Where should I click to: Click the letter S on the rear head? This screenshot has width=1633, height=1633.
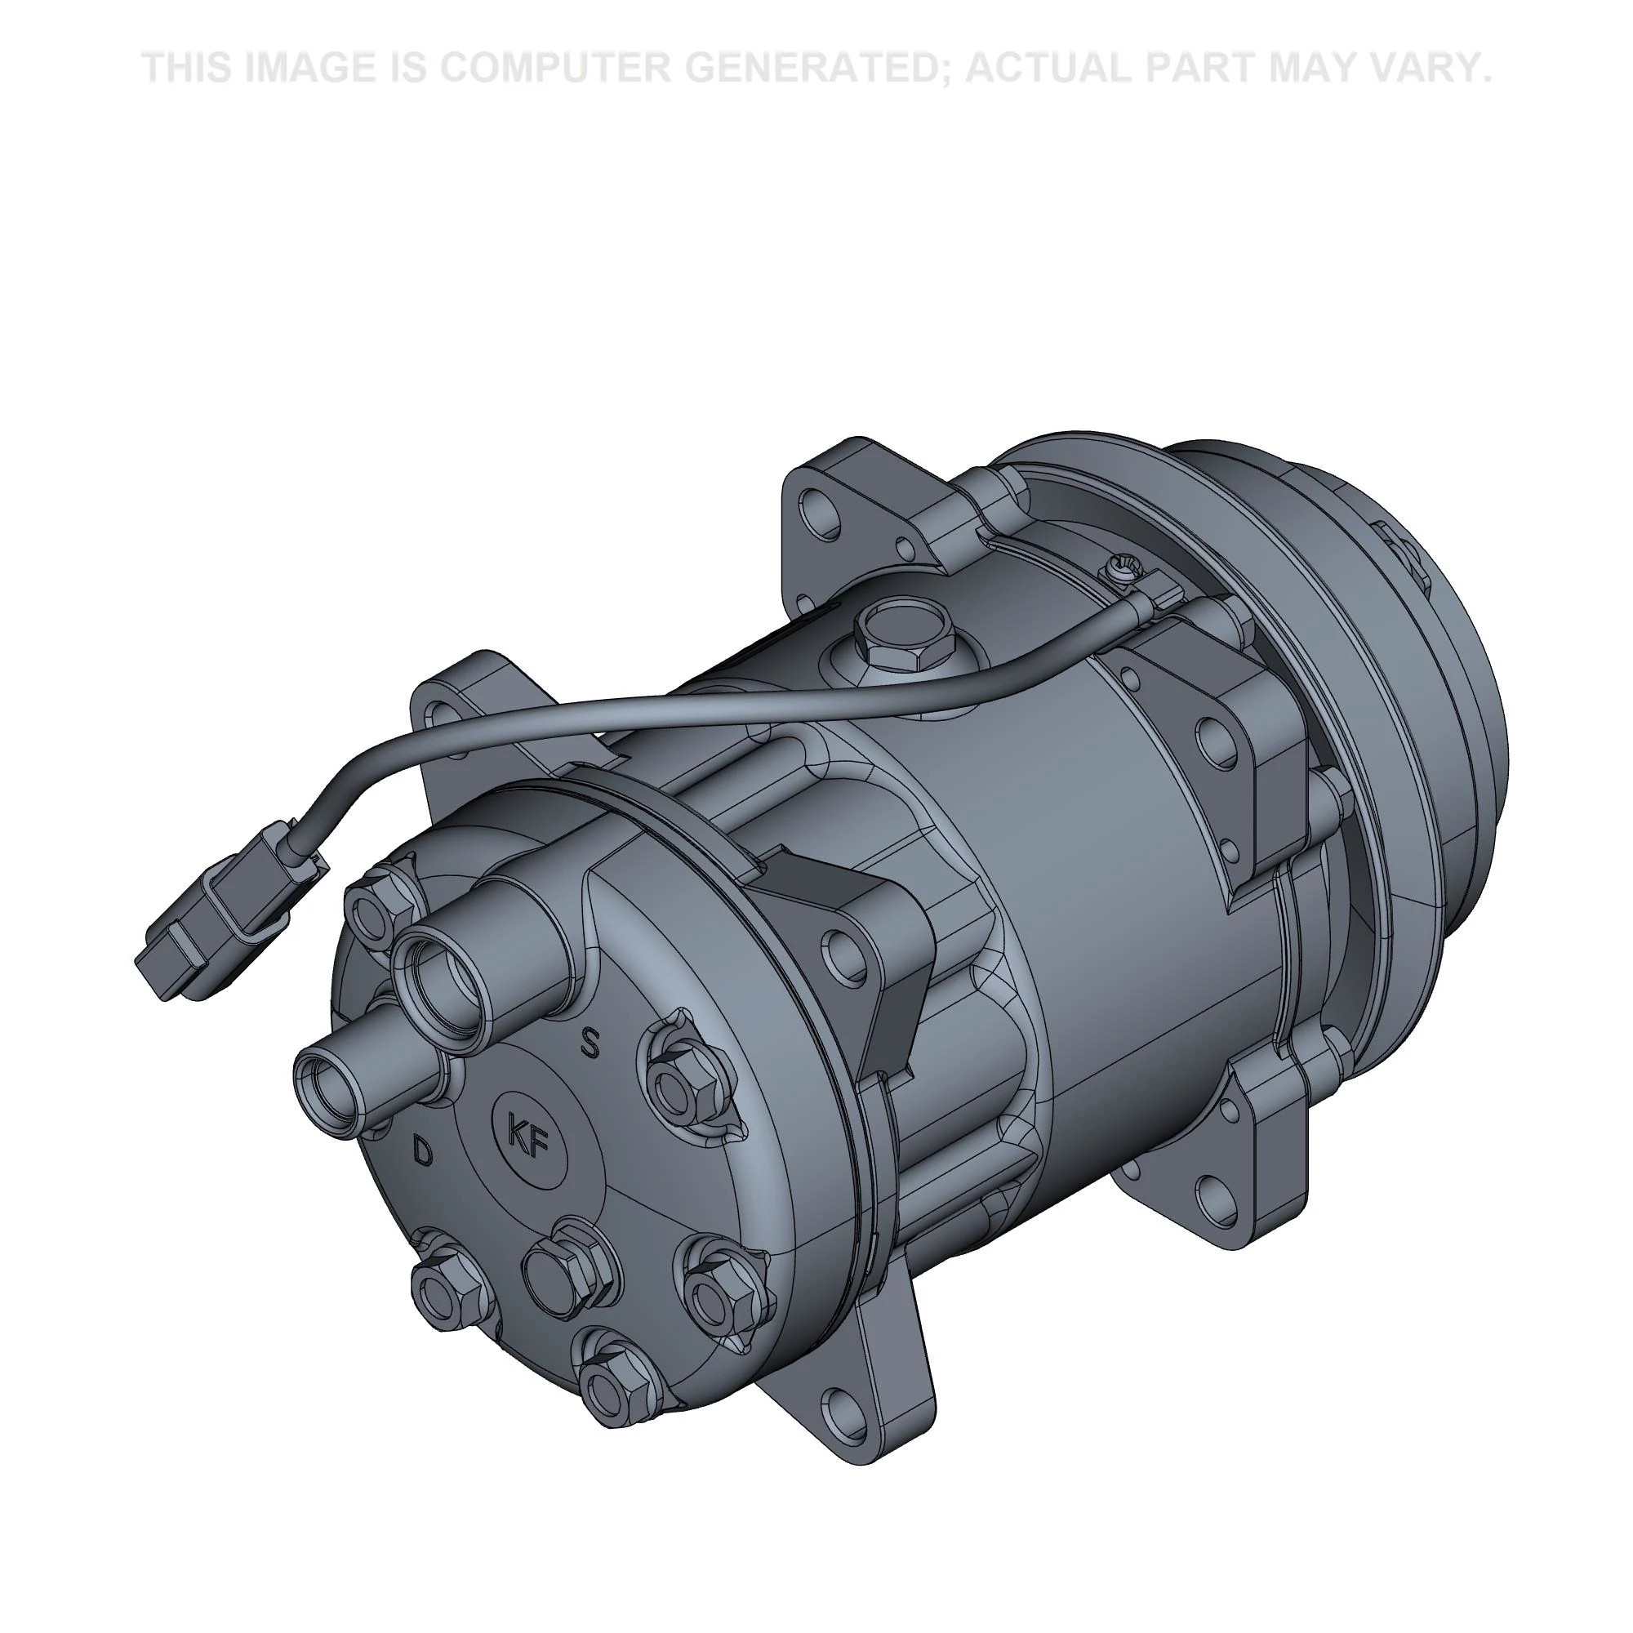point(590,1043)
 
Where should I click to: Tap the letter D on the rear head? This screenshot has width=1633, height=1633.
point(422,1151)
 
